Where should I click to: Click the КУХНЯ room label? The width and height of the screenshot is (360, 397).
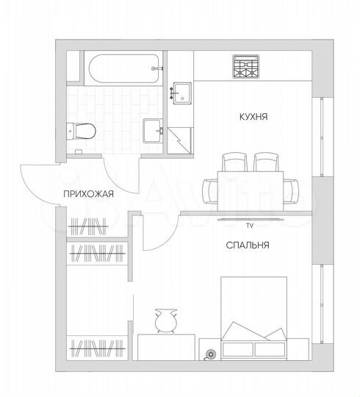click(x=252, y=117)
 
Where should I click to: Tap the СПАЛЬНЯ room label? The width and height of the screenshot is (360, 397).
click(x=248, y=246)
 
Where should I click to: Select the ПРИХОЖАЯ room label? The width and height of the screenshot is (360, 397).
click(x=87, y=194)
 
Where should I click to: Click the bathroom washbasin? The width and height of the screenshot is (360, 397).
click(x=154, y=129)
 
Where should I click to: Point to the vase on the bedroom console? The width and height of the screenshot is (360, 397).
click(x=164, y=321)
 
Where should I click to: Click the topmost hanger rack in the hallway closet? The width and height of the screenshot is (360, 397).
click(x=88, y=224)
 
